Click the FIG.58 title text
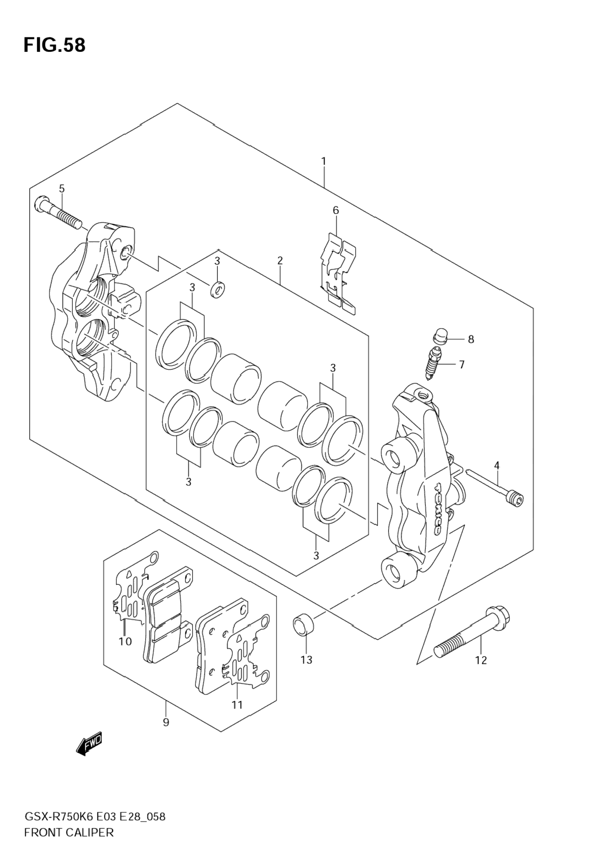pos(54,45)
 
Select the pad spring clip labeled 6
pos(339,274)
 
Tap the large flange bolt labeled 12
pos(473,630)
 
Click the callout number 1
pos(323,161)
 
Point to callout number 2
pos(280,261)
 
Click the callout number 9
pos(166,722)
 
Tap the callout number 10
pos(125,642)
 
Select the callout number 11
pos(237,704)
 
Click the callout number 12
pos(481,660)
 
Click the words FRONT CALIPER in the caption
pos(68,832)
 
